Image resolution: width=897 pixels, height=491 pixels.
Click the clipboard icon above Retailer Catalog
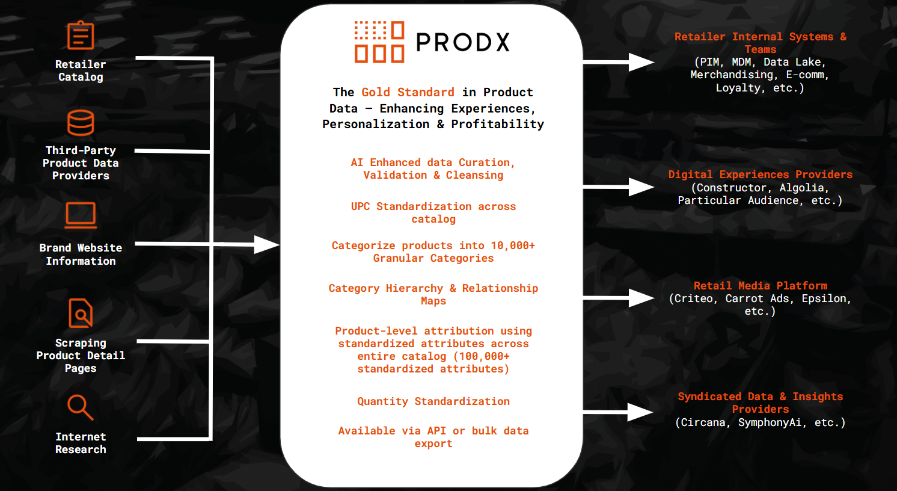(x=81, y=36)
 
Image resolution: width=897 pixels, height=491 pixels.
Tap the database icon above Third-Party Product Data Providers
(x=81, y=123)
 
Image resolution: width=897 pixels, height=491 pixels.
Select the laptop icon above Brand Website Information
(x=81, y=215)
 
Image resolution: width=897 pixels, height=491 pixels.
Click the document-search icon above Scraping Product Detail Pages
(x=81, y=313)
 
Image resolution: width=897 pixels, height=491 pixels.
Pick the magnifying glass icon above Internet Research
(x=81, y=407)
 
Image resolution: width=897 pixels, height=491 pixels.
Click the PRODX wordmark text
(x=463, y=42)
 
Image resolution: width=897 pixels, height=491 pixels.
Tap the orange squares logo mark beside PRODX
(x=379, y=42)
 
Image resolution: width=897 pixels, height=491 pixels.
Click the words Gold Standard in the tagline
(x=408, y=92)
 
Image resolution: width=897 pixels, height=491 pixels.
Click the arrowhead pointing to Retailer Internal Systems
(x=641, y=62)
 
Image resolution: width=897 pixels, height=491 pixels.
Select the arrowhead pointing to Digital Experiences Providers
(x=641, y=187)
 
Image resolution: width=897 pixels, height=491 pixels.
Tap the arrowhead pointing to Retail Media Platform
(x=641, y=298)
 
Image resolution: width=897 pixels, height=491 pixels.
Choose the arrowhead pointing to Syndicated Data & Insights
(x=640, y=412)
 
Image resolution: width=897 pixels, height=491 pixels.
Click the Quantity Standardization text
(x=433, y=401)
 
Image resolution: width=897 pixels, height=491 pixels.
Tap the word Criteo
(x=694, y=298)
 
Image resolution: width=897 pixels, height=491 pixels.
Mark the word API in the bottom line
(x=436, y=431)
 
